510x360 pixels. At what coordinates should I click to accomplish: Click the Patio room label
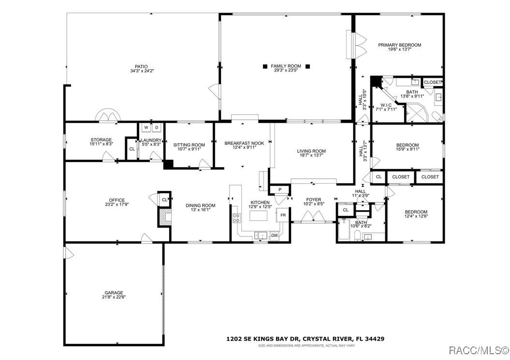point(141,67)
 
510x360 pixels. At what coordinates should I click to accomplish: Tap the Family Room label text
point(286,66)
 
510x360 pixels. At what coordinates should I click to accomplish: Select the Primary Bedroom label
point(399,45)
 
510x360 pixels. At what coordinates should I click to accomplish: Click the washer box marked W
point(146,128)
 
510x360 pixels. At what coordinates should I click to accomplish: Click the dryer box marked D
point(156,128)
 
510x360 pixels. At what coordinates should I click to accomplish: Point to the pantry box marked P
point(279,189)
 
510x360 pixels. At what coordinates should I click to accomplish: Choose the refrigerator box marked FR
point(283,215)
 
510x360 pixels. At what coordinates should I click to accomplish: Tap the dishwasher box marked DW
point(274,235)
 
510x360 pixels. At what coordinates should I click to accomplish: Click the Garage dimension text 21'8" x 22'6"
point(114,297)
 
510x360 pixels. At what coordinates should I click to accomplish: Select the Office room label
point(117,200)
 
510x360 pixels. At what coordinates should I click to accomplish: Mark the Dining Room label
point(201,205)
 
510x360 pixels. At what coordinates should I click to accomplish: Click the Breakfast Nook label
point(244,143)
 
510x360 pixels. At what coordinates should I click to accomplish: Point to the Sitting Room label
point(189,145)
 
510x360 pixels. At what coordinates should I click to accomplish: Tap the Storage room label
point(101,140)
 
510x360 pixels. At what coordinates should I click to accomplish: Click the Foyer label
point(313,199)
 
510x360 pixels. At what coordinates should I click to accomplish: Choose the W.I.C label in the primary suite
point(386,105)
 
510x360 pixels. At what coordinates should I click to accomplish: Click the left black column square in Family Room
point(264,66)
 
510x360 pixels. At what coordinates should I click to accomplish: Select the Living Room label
point(311,151)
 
